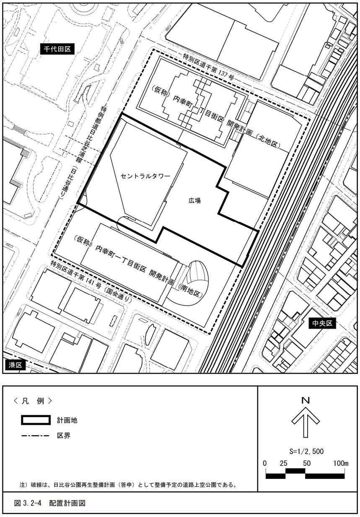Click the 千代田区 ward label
57,49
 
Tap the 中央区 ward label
322,324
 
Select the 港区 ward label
15,365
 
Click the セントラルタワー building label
145,176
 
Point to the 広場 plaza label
194,200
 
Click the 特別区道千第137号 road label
208,68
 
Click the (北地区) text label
267,141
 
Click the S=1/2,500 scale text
306,451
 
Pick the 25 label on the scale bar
284,463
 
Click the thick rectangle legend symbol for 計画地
36,420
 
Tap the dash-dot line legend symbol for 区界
35,436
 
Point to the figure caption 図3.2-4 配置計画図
50,503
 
